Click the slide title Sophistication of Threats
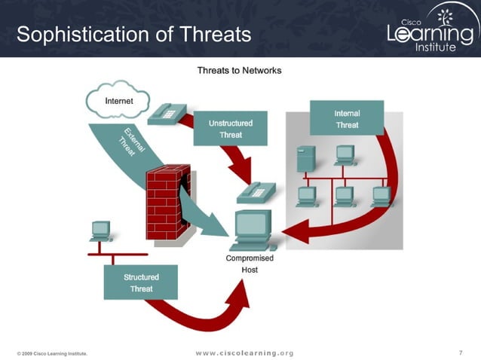[133, 34]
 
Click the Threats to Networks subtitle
[239, 70]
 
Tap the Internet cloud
[118, 100]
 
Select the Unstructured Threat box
[230, 128]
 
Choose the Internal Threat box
[347, 119]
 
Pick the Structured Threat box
[141, 282]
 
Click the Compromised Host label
[250, 264]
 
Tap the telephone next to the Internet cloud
[164, 114]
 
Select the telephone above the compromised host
[255, 194]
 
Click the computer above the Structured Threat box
[100, 230]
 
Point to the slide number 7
[459, 352]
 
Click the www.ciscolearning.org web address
[244, 352]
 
